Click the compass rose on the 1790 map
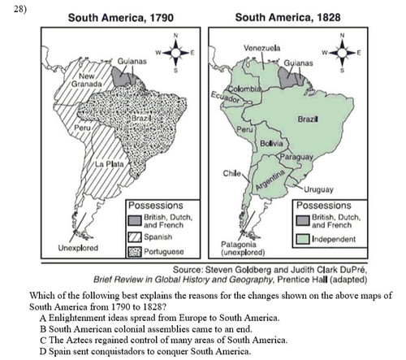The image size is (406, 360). click(x=174, y=53)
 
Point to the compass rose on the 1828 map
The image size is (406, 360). click(x=342, y=53)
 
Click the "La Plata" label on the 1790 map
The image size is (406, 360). click(x=109, y=166)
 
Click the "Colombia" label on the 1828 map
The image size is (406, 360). click(x=243, y=87)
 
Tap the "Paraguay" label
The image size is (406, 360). click(x=296, y=155)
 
